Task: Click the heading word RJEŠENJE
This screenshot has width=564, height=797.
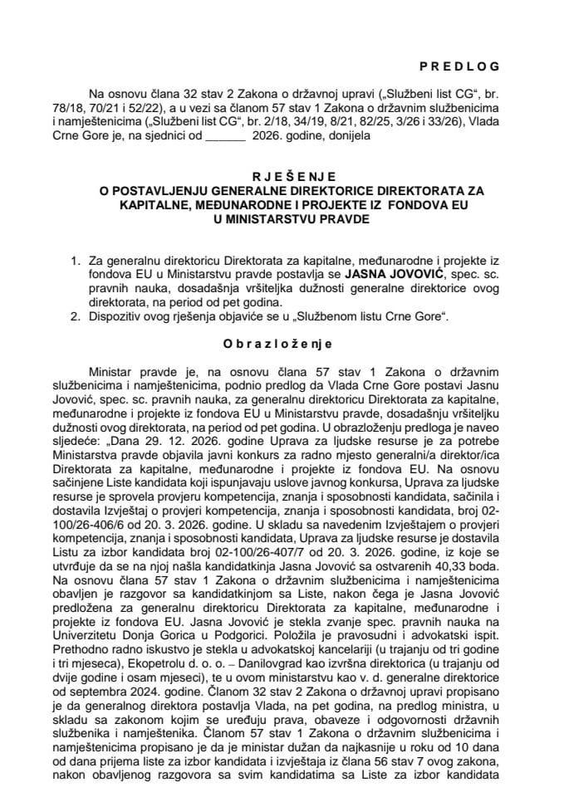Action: point(282,175)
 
